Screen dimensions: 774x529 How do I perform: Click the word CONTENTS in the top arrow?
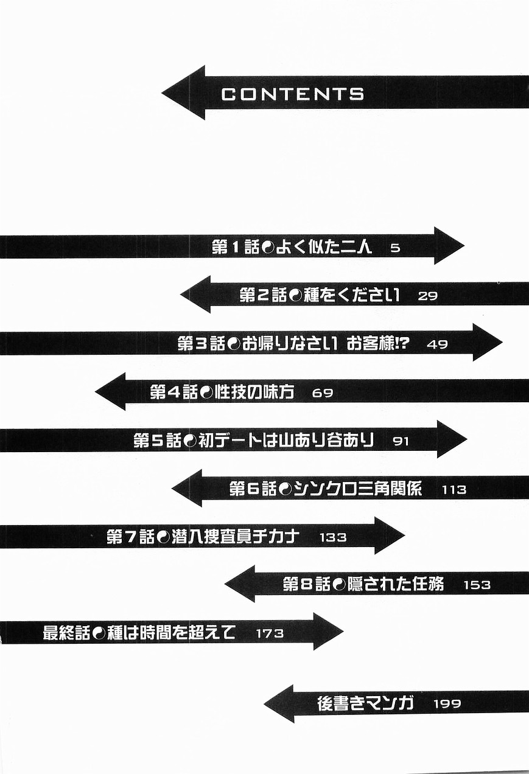pos(293,94)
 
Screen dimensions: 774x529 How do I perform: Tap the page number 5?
pos(395,248)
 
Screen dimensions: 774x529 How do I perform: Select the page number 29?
pos(428,296)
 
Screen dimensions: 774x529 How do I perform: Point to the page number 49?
pos(437,344)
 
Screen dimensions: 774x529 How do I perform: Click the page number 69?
pos(322,392)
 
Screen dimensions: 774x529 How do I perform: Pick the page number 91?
pos(401,441)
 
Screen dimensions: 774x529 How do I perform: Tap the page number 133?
pos(332,537)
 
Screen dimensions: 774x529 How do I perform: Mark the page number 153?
pos(477,585)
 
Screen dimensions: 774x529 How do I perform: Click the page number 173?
pos(270,633)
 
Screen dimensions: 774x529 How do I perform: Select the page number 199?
pos(447,704)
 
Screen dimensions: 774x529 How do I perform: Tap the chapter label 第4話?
pos(173,392)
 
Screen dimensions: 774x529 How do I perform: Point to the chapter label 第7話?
pos(130,537)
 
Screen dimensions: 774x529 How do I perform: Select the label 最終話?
pos(67,633)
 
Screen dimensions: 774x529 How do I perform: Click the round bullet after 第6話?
pos(285,489)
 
